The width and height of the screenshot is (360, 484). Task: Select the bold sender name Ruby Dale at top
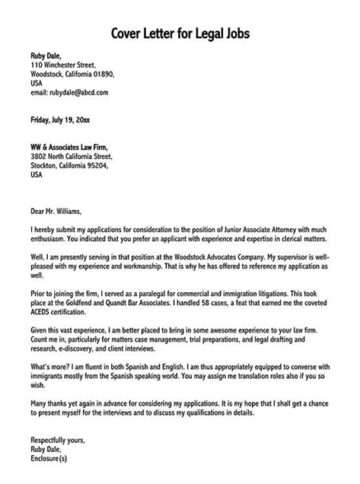click(46, 56)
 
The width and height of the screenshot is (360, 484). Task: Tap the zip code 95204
click(109, 165)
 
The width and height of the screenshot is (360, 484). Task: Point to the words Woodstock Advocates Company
click(224, 257)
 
